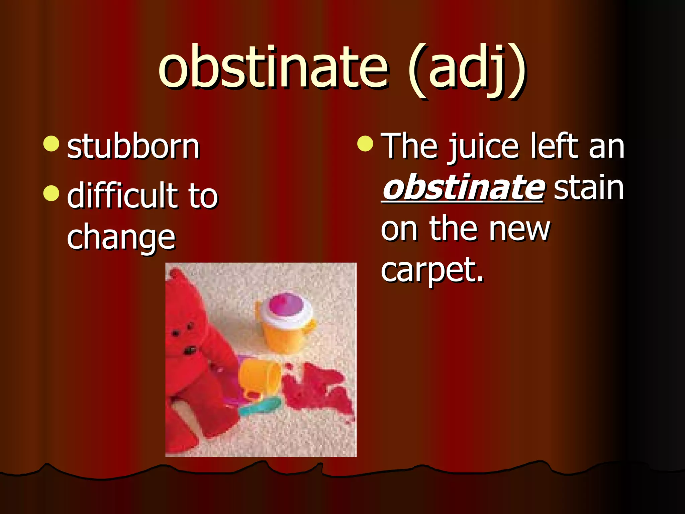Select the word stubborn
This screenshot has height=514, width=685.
(x=133, y=147)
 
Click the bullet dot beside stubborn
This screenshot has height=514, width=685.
(x=52, y=144)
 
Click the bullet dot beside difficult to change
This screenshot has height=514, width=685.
(x=52, y=193)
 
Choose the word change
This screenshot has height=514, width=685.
(x=121, y=238)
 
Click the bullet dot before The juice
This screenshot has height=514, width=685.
(x=365, y=144)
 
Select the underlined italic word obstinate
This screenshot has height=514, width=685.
(x=463, y=187)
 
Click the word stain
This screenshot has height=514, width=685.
(x=589, y=187)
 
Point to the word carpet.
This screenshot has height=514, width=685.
(x=431, y=270)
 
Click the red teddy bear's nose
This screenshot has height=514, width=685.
(x=190, y=350)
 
